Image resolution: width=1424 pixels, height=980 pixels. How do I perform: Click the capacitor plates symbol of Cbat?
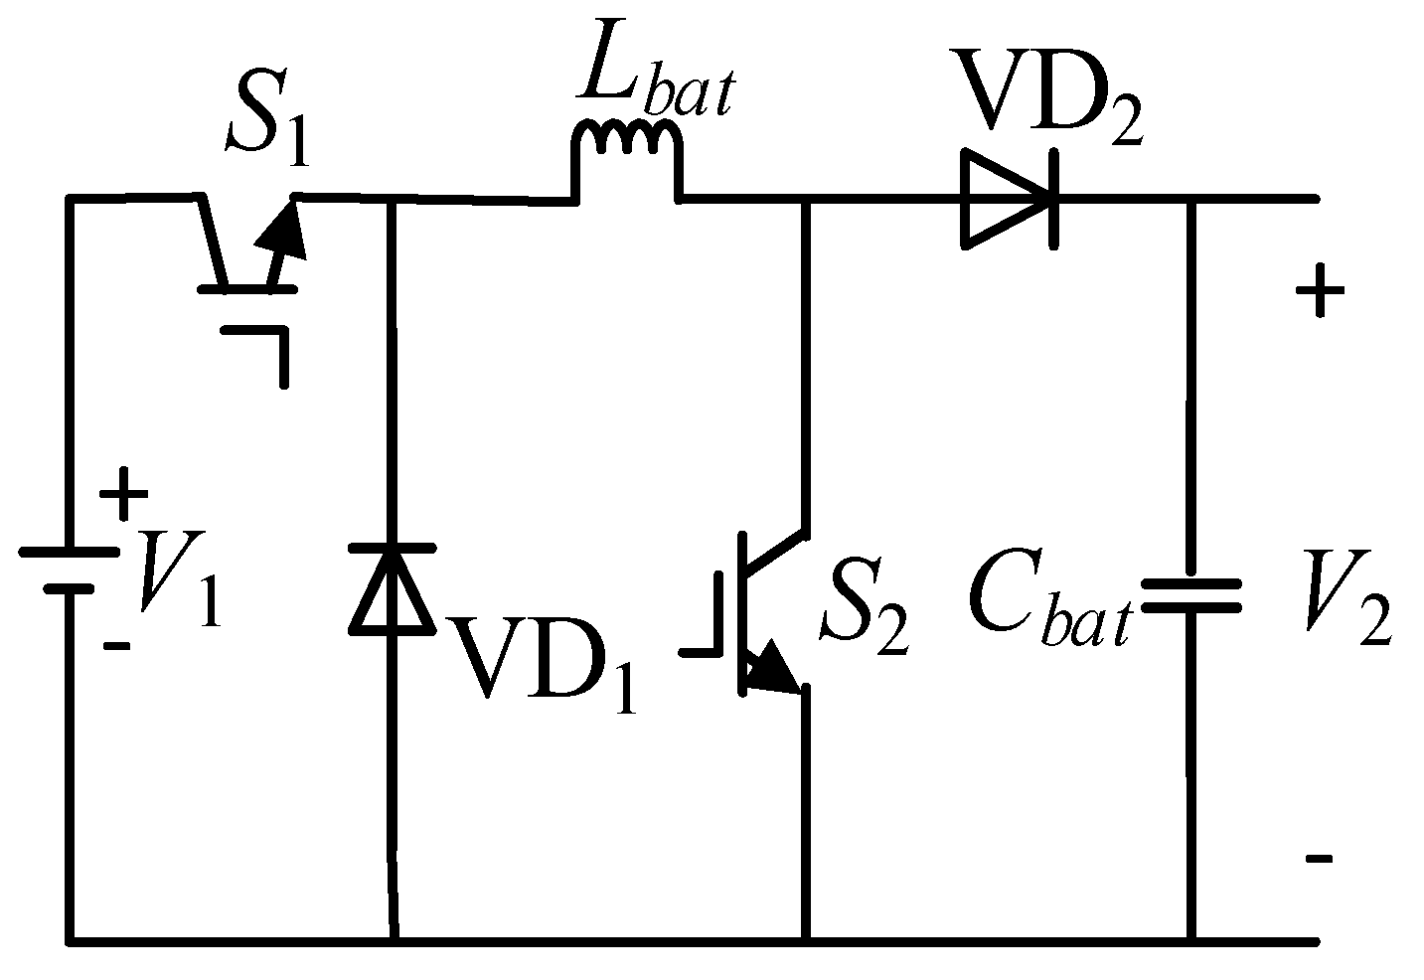click(1189, 595)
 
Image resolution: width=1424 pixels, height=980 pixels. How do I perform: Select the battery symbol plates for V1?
click(70, 572)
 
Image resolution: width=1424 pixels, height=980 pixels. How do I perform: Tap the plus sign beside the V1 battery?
click(123, 494)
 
